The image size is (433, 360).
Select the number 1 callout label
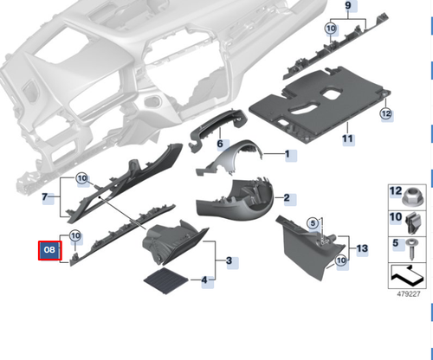(288, 155)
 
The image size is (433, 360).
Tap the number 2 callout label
(287, 197)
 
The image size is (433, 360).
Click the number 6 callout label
(220, 144)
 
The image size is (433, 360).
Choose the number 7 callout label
(48, 198)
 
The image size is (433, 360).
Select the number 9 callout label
(349, 8)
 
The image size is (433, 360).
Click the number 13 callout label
(362, 248)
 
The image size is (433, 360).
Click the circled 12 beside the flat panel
(386, 113)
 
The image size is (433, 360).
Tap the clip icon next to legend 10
(412, 221)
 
